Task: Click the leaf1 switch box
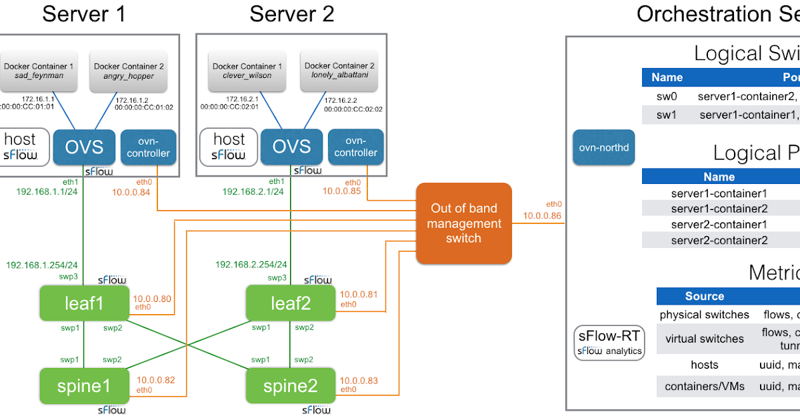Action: (x=83, y=303)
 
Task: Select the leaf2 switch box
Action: (x=289, y=303)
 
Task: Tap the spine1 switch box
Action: (x=83, y=386)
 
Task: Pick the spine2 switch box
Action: (x=289, y=386)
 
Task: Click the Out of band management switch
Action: (x=463, y=223)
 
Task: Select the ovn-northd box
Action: (x=603, y=147)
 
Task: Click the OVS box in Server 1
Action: (x=84, y=147)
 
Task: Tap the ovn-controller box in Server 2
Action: (x=355, y=147)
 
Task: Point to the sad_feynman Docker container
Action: (x=38, y=71)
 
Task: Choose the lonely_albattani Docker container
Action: (x=339, y=71)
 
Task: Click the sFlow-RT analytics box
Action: (x=609, y=343)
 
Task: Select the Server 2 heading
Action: (x=292, y=13)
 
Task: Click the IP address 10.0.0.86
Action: (x=541, y=216)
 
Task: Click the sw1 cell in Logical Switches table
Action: (x=667, y=115)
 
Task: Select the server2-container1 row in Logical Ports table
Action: (x=719, y=224)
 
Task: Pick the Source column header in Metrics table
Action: (x=704, y=296)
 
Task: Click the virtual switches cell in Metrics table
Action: (x=704, y=339)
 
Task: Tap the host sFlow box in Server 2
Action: (x=228, y=147)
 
